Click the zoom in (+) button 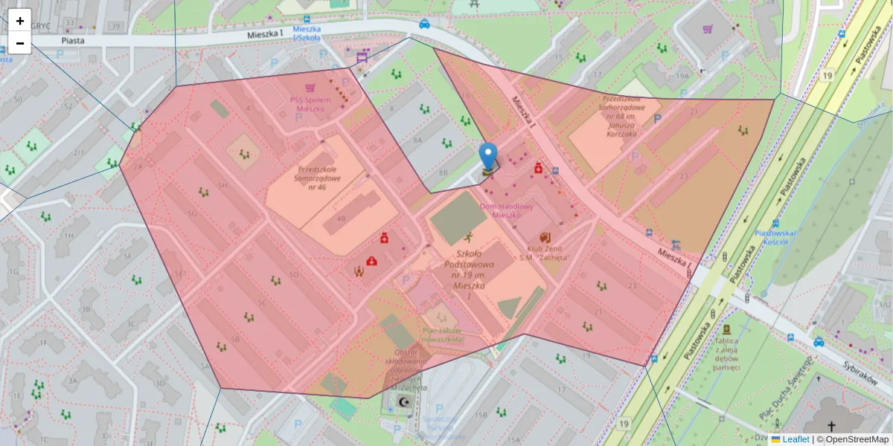[x=20, y=21]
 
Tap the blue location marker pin [x=487, y=157]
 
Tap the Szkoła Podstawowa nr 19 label [x=469, y=274]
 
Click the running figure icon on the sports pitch [x=469, y=238]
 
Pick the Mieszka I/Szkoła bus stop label [x=307, y=33]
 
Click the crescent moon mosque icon [x=404, y=401]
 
